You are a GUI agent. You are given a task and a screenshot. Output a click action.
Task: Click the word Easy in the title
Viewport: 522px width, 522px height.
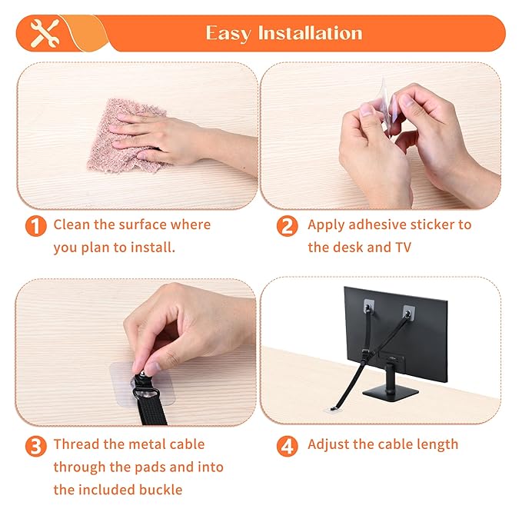(x=228, y=33)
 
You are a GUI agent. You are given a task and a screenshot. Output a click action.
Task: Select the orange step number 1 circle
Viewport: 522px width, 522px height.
(x=35, y=226)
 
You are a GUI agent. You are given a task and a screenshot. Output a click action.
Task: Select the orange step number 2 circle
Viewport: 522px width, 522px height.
(x=288, y=226)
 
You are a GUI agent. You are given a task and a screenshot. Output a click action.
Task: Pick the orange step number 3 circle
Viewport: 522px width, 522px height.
(x=35, y=446)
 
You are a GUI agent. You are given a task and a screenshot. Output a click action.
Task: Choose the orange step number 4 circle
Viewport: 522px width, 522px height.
(x=288, y=446)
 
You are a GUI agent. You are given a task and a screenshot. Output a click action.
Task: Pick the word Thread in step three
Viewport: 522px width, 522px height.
(x=79, y=444)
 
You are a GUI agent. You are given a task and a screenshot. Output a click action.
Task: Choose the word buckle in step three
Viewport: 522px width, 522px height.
(x=163, y=489)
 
